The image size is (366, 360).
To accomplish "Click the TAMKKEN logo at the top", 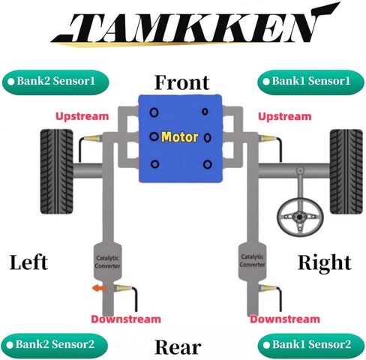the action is coord(195,25).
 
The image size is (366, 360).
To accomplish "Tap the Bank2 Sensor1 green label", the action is coord(55,82).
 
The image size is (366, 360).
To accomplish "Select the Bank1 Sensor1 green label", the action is coord(310,82).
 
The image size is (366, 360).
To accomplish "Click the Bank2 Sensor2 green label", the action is coord(55,345).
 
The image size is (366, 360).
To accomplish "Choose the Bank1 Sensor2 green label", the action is coord(310,345).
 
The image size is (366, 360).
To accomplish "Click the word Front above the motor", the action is coord(182,82).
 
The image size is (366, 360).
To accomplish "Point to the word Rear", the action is coord(178,347).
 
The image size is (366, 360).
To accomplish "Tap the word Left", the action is coord(28,262).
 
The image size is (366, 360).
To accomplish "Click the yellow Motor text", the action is coord(180,137).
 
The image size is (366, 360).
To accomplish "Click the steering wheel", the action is coord(300,215).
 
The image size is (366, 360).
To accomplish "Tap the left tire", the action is coord(57,172).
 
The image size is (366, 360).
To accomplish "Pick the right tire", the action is coord(346,172).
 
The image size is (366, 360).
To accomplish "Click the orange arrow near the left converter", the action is coord(100,288).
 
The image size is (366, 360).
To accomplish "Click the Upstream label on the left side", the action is coord(82,116).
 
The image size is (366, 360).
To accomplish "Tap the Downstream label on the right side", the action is coord(285,319).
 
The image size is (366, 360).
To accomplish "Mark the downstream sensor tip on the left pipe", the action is coord(115,288).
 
